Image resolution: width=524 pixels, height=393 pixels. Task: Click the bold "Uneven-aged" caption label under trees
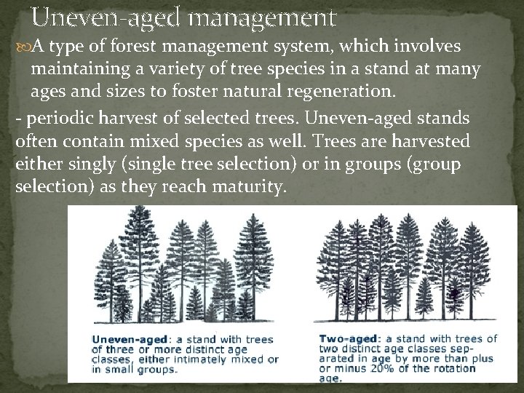129,339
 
